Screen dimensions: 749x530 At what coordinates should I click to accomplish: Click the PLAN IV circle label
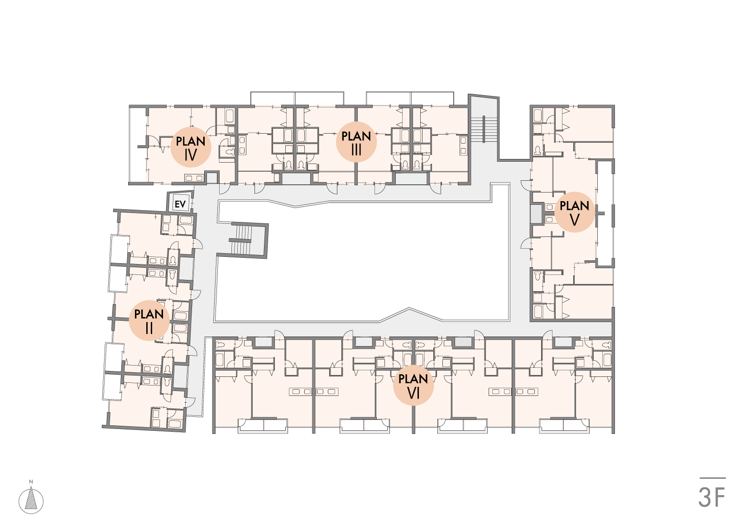[x=191, y=147]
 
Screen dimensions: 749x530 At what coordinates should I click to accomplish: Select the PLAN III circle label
[x=356, y=142]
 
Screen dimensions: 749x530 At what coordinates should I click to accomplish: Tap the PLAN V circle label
[x=575, y=212]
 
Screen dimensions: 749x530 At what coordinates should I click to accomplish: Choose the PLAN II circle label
[x=149, y=320]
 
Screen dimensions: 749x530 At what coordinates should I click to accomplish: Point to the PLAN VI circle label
[x=413, y=385]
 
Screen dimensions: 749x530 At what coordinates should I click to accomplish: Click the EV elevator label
[x=180, y=204]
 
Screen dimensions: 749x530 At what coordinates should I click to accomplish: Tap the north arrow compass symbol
[x=31, y=498]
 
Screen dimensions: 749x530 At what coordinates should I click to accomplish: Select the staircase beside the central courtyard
[x=240, y=240]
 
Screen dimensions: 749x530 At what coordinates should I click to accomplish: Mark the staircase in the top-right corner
[x=484, y=129]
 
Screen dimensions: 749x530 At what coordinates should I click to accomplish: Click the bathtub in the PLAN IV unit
[x=230, y=116]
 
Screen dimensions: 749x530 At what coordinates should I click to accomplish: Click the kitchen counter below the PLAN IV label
[x=194, y=178]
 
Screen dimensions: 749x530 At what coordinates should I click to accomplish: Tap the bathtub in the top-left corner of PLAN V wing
[x=538, y=116]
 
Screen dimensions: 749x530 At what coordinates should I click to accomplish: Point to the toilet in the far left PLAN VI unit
[x=221, y=345]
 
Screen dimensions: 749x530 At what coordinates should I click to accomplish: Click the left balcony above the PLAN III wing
[x=297, y=98]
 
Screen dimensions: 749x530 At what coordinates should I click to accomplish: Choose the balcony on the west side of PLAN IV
[x=138, y=145]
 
